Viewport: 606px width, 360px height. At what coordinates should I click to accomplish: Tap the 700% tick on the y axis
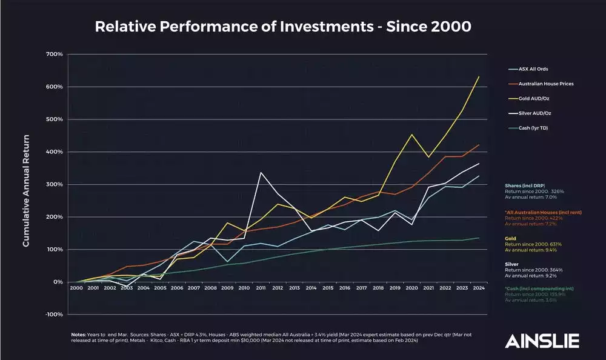(55, 55)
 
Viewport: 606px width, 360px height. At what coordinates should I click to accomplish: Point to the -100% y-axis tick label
(53, 315)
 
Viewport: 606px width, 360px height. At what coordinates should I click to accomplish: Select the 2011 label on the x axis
(261, 288)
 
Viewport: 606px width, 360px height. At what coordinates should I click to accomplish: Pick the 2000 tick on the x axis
(76, 288)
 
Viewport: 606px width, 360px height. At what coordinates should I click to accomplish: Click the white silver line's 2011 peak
(261, 173)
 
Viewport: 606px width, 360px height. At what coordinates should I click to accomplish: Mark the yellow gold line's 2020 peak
(411, 135)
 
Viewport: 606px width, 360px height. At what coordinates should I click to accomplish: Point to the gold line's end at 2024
(479, 76)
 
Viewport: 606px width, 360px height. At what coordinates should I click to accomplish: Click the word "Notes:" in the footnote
(79, 334)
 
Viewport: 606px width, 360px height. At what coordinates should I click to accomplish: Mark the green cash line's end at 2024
(479, 238)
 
